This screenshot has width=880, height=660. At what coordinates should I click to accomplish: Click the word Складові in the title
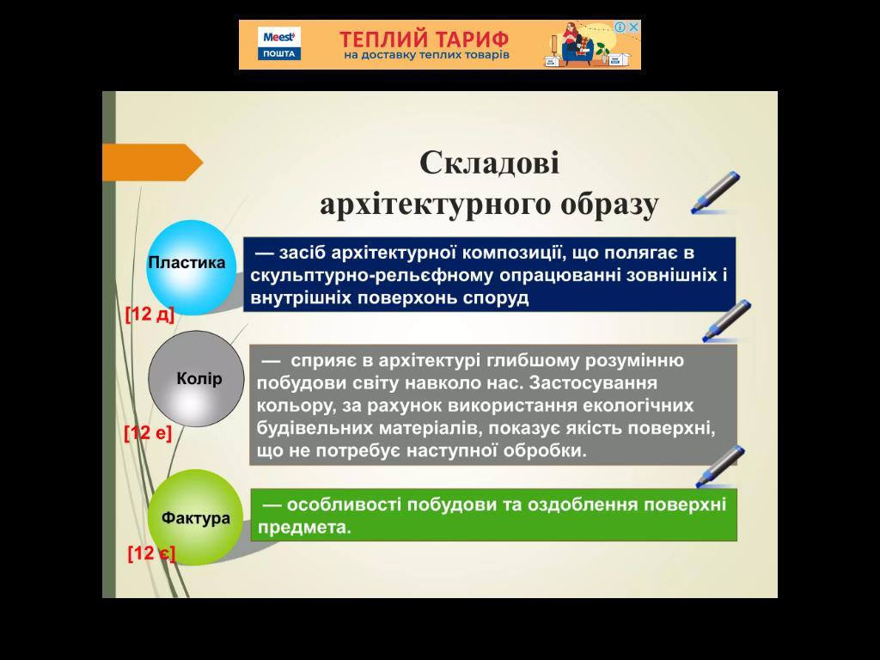click(489, 163)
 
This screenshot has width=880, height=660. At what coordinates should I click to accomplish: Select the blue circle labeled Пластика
click(191, 268)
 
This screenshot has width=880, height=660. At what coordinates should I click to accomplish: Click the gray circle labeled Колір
click(197, 379)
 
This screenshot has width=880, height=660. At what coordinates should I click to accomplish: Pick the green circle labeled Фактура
click(195, 517)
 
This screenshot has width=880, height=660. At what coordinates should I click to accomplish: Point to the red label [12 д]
click(150, 315)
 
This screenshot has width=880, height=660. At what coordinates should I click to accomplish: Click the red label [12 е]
click(148, 433)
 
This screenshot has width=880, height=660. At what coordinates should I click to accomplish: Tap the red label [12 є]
click(151, 553)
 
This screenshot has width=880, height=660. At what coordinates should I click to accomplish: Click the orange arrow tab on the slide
click(152, 162)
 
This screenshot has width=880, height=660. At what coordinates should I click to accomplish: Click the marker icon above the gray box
click(727, 321)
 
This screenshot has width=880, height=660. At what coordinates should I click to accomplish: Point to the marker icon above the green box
click(721, 467)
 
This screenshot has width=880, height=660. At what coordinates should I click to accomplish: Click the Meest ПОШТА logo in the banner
click(279, 45)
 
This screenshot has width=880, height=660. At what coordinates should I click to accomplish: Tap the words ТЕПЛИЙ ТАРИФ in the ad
click(425, 40)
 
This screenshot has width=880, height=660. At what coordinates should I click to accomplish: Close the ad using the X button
click(633, 27)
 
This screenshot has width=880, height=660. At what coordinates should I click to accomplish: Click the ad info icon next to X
click(620, 27)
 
